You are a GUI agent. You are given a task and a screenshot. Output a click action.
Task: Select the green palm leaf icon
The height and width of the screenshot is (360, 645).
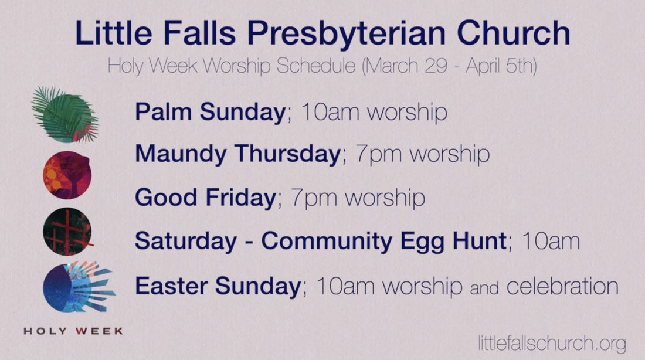(x=65, y=115)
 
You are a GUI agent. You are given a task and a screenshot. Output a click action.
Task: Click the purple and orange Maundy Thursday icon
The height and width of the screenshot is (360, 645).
(x=67, y=175)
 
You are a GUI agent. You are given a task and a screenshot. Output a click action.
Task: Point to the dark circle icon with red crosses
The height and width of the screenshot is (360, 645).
(x=67, y=232)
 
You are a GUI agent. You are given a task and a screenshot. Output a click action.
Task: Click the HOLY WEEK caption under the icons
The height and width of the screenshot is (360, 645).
(x=73, y=331)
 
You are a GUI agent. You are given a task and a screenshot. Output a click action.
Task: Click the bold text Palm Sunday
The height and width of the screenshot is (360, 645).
(x=210, y=111)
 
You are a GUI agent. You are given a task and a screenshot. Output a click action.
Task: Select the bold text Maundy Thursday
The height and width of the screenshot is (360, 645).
(x=237, y=154)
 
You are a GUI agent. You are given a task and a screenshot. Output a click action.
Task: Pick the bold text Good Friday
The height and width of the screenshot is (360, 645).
(x=205, y=198)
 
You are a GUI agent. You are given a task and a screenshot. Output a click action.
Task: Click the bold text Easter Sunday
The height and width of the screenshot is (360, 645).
(x=218, y=286)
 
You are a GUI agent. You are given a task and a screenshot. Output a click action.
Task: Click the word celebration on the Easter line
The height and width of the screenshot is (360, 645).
(x=562, y=286)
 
